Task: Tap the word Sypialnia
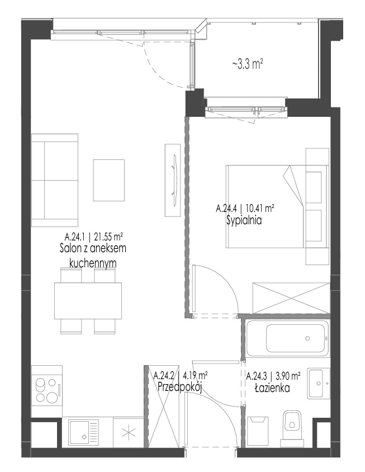tap(244, 221)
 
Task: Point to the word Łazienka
tap(272, 388)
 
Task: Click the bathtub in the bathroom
tap(287, 338)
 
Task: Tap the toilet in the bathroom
tap(291, 427)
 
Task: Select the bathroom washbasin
tap(319, 384)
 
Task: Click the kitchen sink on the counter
tap(84, 432)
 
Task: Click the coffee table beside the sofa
tap(109, 180)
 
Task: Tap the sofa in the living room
tap(55, 180)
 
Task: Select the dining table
tap(88, 301)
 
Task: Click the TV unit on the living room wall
tap(173, 180)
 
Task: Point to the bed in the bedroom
tap(265, 206)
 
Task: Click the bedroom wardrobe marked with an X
tap(291, 298)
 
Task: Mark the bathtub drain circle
tap(307, 338)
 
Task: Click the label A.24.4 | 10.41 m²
tap(245, 208)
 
